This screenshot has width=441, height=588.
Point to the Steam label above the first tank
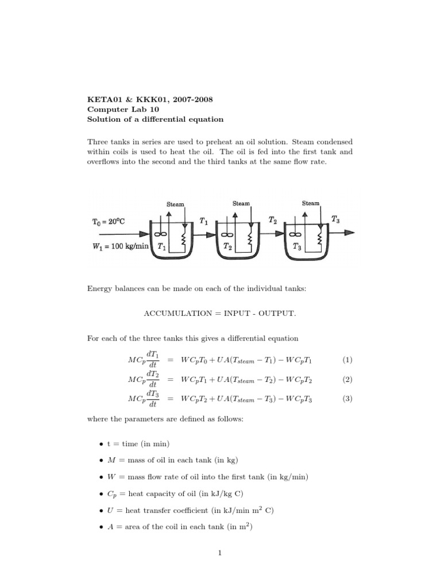(x=175, y=204)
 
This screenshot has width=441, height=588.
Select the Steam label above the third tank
(x=311, y=203)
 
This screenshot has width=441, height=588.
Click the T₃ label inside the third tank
(x=297, y=247)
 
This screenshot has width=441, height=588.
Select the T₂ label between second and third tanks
(x=273, y=219)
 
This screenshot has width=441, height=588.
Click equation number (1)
(x=347, y=360)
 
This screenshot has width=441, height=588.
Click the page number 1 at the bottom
(x=220, y=553)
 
